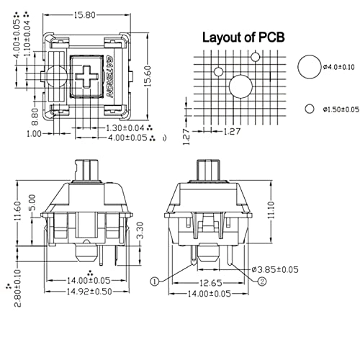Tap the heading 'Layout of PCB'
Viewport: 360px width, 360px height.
pyautogui.click(x=243, y=37)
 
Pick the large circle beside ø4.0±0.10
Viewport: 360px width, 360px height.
pyautogui.click(x=307, y=67)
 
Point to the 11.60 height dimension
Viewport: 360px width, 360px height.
pyautogui.click(x=17, y=214)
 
